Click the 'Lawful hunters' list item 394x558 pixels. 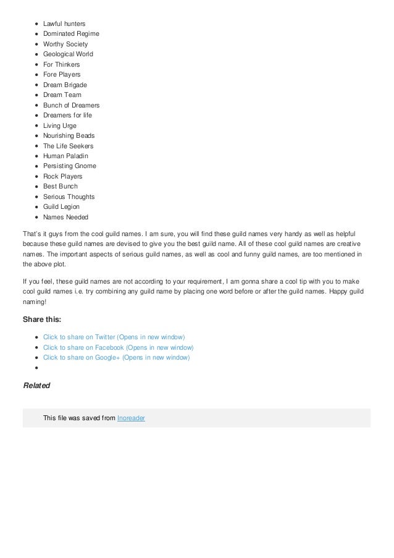[64, 23]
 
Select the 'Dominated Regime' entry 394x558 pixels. [71, 33]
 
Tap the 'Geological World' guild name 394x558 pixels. [68, 54]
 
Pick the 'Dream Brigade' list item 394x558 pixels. [65, 85]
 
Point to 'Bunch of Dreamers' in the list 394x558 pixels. [71, 105]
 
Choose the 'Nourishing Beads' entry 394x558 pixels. [69, 135]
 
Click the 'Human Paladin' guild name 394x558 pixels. [65, 156]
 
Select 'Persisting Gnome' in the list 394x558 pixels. [69, 166]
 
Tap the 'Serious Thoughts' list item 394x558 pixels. [69, 197]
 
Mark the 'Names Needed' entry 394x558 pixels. [65, 217]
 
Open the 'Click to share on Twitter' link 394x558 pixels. [114, 337]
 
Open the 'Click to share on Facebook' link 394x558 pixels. [118, 347]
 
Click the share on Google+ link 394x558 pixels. [117, 357]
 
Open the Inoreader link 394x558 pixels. [131, 418]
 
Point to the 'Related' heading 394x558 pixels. [36, 385]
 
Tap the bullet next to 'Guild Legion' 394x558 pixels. [38, 207]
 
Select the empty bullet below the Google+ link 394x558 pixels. [38, 368]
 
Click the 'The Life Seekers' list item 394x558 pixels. [69, 146]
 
